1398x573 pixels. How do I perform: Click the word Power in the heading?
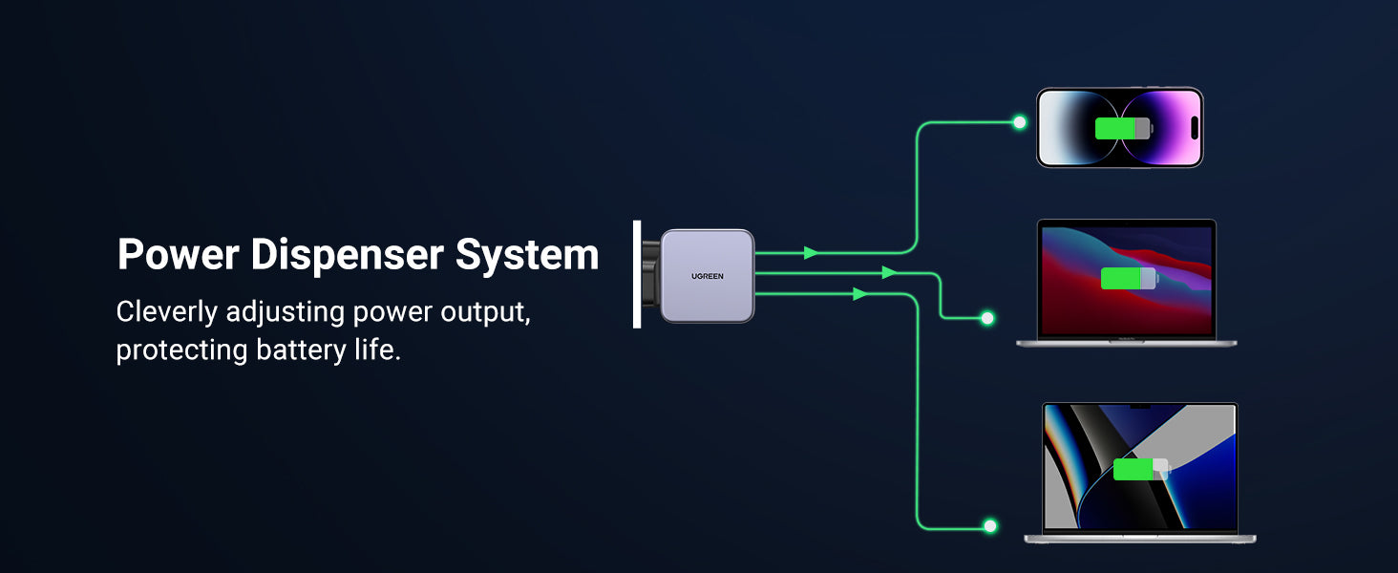(x=179, y=254)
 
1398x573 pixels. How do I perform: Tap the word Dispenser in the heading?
(x=348, y=254)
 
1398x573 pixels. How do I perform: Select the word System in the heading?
(x=527, y=255)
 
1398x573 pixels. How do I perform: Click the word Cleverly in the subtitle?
(x=167, y=312)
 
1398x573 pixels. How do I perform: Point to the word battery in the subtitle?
(x=301, y=350)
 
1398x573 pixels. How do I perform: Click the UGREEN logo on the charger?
(x=707, y=276)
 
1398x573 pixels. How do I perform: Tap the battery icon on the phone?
(x=1123, y=128)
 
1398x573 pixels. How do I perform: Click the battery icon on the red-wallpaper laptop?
(x=1129, y=279)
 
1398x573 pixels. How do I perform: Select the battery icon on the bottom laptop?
(x=1141, y=470)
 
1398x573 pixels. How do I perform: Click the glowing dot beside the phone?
(x=1019, y=122)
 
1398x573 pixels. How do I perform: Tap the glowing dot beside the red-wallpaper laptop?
(x=986, y=318)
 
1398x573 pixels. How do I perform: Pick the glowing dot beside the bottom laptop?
(x=990, y=526)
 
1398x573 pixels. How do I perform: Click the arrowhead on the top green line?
(x=811, y=253)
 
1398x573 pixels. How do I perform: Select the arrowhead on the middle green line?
(x=889, y=273)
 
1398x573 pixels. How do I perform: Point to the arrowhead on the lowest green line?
(x=860, y=293)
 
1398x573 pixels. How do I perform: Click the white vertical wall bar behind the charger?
(x=637, y=274)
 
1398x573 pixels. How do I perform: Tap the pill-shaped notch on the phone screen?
(x=1195, y=128)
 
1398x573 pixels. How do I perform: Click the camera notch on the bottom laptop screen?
(x=1139, y=407)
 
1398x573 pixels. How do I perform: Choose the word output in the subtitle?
(x=485, y=312)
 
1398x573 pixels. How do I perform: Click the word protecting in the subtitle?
(x=182, y=350)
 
